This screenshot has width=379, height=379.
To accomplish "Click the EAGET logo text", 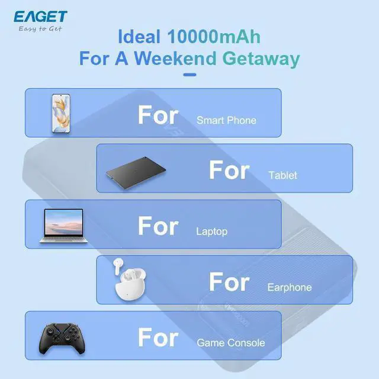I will (40, 16).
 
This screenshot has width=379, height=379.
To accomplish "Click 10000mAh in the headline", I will (214, 37).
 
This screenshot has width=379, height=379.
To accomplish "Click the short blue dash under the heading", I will (189, 75).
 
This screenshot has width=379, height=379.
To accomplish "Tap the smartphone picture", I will (61, 113).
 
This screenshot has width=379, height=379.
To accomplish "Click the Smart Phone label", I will (226, 120).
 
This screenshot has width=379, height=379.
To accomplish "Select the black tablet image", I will (135, 169).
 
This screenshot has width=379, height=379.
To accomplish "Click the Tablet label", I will (282, 175).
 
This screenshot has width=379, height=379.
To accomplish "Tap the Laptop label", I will (211, 232).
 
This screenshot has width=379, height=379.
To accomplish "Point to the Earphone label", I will (289, 287).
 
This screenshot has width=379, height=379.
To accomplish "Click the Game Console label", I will (230, 343).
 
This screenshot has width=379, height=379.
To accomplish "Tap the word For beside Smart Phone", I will (158, 114).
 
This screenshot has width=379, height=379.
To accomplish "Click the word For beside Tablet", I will (229, 170).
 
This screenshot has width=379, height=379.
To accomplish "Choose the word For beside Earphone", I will (229, 282).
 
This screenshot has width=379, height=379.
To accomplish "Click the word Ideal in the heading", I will (139, 37).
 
